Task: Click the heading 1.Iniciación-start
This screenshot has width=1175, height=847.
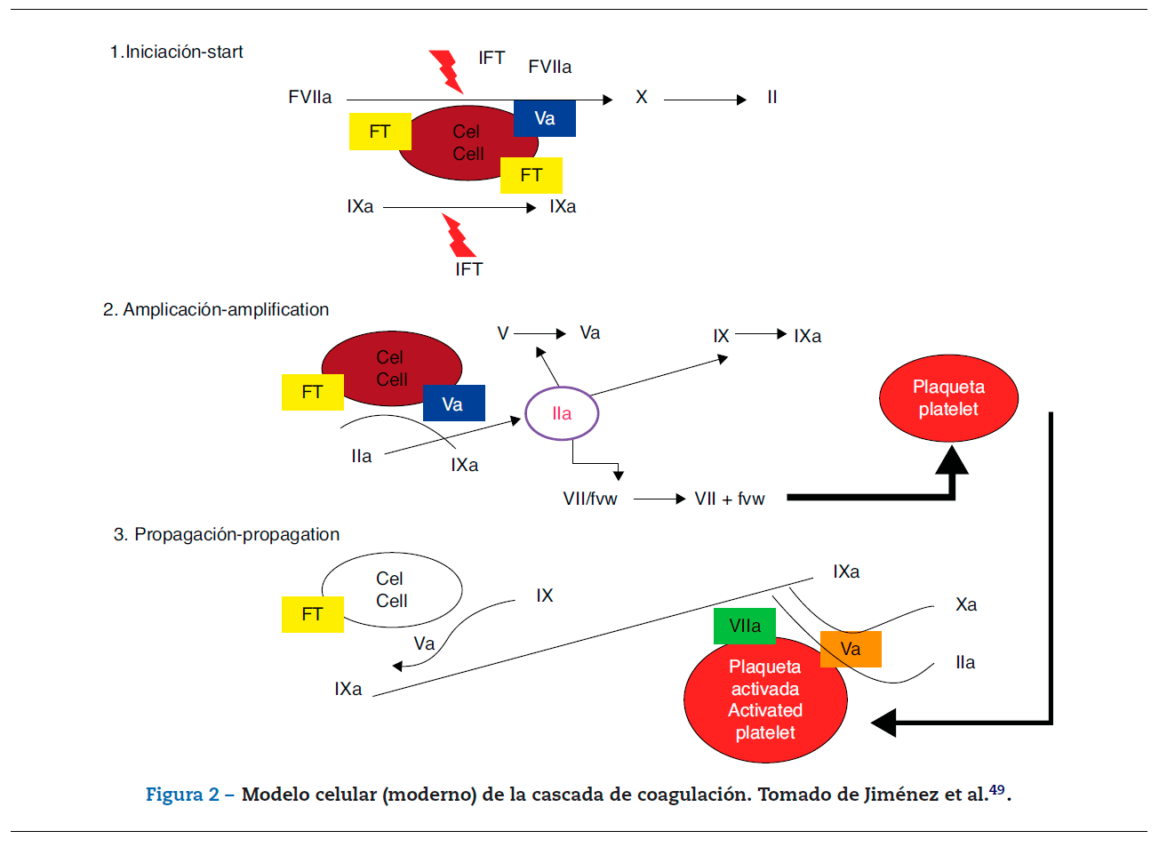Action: tap(176, 52)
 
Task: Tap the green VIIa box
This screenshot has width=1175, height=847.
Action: tap(745, 626)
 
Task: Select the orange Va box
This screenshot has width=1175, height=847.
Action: tap(851, 649)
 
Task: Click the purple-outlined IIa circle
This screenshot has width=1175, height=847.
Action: tap(562, 413)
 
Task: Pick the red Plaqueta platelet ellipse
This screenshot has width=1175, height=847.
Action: tap(948, 398)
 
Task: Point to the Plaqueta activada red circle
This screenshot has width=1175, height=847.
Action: tap(765, 702)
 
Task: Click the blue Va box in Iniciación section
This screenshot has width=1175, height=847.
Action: tap(545, 118)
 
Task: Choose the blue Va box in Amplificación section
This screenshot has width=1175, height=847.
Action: tap(453, 404)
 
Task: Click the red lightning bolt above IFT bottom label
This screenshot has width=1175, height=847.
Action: tap(459, 236)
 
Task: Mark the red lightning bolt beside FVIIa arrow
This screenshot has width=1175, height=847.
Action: tap(446, 71)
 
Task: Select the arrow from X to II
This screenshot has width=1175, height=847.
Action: tap(704, 100)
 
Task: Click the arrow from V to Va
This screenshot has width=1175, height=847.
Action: tap(540, 333)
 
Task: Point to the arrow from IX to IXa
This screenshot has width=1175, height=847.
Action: tap(761, 334)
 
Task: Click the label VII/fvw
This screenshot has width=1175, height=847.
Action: tap(590, 499)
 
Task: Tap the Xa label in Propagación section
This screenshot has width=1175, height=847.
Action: tap(966, 605)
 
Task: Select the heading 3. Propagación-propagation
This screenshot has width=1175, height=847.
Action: tap(227, 534)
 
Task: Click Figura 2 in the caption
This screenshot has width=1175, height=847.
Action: tap(182, 795)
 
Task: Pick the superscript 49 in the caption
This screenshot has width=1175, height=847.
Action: tap(997, 789)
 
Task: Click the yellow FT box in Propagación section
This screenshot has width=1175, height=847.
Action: tap(312, 614)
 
